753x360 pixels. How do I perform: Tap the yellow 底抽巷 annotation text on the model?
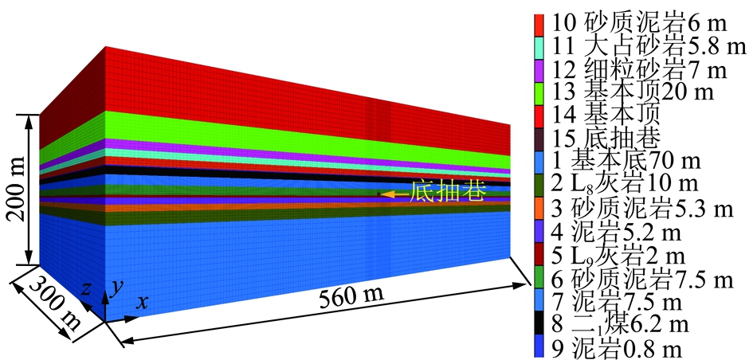(x=446, y=193)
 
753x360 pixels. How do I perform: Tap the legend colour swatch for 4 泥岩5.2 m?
(x=539, y=233)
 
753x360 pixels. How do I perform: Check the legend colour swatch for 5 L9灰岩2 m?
(x=539, y=256)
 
